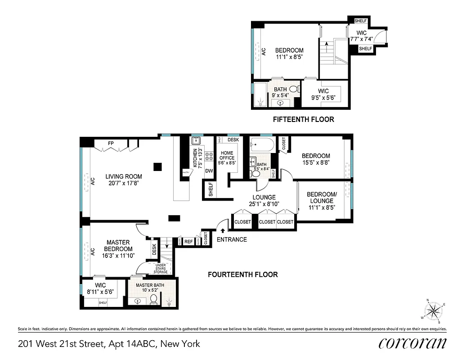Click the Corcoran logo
412,343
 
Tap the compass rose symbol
434,310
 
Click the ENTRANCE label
232,239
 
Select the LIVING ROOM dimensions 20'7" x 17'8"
124,183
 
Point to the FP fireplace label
111,144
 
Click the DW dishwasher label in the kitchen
209,171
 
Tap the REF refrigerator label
188,242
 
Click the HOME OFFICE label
227,155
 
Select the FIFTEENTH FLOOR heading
304,120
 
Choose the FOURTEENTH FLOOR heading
242,274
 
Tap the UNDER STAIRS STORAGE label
161,269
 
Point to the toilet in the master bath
153,299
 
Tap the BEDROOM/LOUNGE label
320,198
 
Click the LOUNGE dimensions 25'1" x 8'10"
264,204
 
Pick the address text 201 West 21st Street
61,344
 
